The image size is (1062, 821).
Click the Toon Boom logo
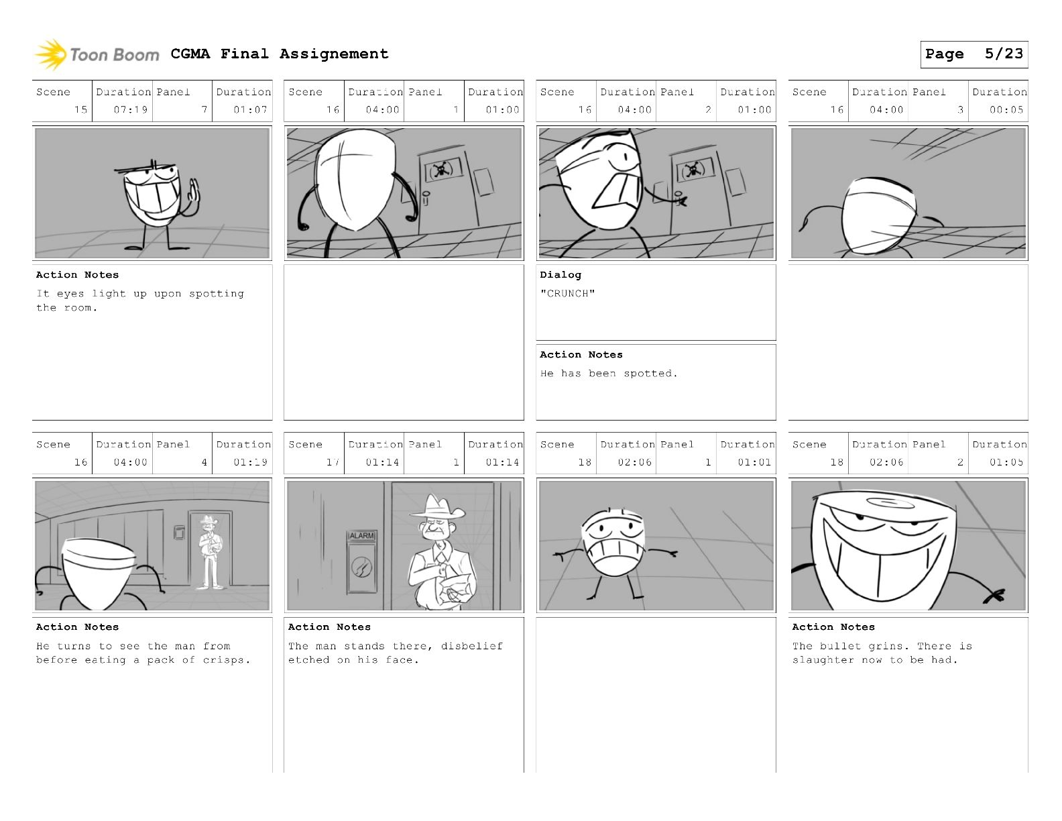97,54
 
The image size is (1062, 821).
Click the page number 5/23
1004,54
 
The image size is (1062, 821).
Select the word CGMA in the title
190,54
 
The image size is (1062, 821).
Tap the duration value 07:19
131,110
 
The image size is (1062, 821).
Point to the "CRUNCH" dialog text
567,293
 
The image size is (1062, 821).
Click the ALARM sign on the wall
361,535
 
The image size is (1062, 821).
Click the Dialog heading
560,275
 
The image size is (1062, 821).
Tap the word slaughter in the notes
823,660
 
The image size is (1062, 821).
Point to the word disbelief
471,646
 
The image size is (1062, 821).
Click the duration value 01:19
250,462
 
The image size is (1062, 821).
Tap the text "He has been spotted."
609,374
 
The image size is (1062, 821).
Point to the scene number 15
80,110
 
